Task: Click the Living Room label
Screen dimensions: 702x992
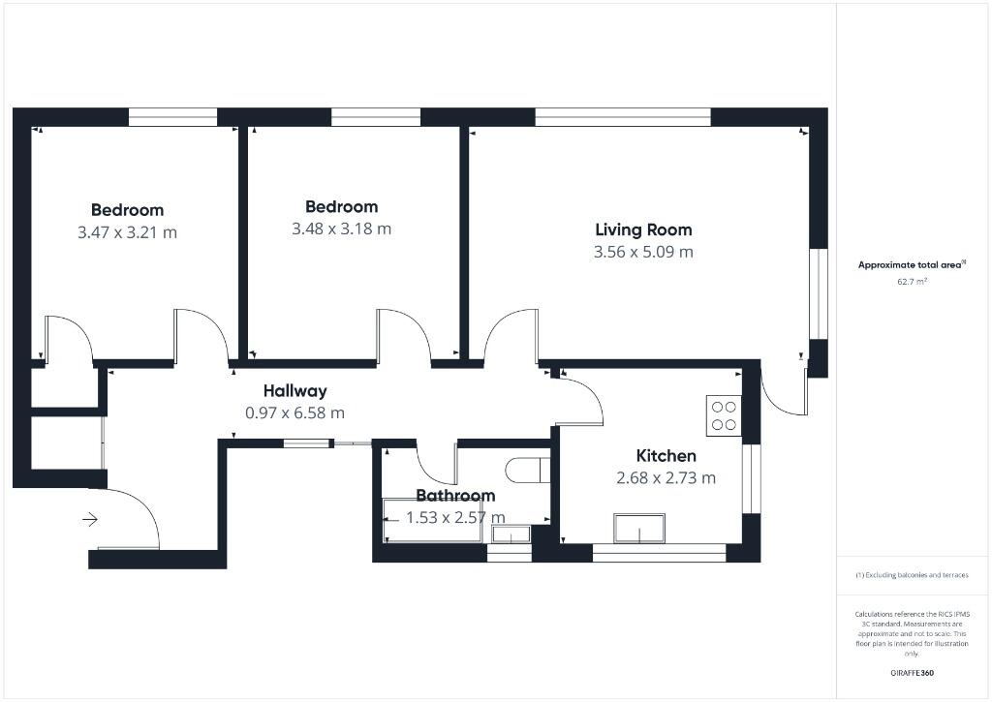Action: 643,230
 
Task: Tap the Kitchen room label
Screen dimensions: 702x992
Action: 666,456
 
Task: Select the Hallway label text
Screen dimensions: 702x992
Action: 294,391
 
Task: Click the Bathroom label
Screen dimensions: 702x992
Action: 455,496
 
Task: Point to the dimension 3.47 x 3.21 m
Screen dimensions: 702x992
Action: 127,232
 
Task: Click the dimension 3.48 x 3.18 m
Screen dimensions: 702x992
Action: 341,229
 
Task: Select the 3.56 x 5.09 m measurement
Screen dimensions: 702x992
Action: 643,252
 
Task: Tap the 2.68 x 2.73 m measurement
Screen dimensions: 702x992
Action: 666,477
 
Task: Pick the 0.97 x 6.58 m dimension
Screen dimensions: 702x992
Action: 294,412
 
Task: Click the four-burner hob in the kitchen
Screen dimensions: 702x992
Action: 724,414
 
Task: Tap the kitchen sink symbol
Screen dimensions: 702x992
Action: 638,529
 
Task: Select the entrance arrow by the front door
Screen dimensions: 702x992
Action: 90,520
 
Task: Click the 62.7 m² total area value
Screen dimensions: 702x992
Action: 912,282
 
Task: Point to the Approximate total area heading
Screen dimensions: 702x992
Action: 911,264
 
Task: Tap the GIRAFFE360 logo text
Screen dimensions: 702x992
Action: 912,672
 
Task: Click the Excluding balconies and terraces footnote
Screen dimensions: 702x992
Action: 912,575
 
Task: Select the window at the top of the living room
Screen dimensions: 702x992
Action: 622,117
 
